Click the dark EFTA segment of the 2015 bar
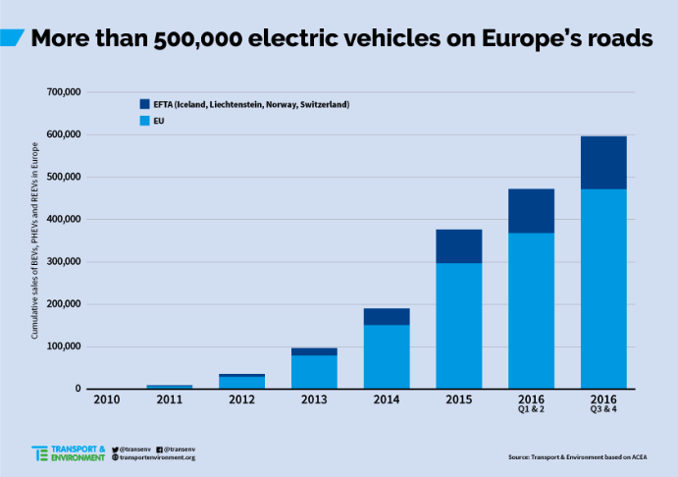click(458, 246)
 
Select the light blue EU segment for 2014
click(386, 356)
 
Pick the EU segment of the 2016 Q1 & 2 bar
click(531, 310)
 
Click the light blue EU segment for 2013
click(313, 371)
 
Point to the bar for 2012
click(241, 382)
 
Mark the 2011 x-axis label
click(169, 401)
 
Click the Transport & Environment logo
click(68, 452)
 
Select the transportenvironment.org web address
click(157, 457)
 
